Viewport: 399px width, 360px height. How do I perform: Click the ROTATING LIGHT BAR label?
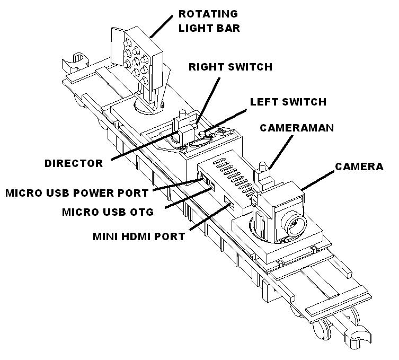[x=208, y=21]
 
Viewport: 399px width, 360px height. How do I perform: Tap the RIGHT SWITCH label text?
[x=230, y=67]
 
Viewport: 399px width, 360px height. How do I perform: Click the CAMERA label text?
[x=359, y=166]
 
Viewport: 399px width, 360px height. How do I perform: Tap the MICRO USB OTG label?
[x=108, y=212]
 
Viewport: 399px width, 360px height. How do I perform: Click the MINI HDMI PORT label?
[x=139, y=236]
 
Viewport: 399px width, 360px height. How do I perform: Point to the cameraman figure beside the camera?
[x=262, y=178]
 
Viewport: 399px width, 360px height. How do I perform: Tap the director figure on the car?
[x=183, y=125]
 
